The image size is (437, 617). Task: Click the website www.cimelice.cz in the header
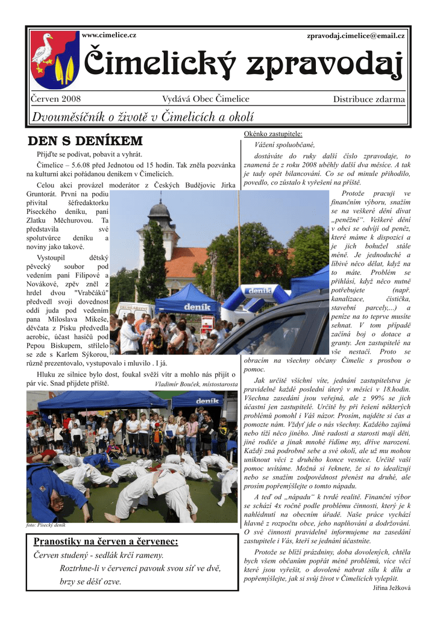pos(108,36)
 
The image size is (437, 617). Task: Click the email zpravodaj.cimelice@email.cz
pos(356,36)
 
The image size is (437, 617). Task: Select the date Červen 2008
pos(55,99)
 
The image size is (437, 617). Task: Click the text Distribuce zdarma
pos(369,99)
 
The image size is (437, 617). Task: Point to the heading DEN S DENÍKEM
pos(85,142)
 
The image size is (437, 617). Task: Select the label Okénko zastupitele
pos(273,134)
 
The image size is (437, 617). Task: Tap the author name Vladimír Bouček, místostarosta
pos(196,384)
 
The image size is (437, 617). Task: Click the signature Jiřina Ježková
pos(391,587)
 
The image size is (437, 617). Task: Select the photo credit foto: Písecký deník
pos(46,525)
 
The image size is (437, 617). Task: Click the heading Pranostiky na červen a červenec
pos(105,541)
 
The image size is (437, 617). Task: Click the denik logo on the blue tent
pos(197,307)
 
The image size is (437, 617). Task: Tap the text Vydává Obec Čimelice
pos(206,99)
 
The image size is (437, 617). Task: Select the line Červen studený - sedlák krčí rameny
pos(98,555)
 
